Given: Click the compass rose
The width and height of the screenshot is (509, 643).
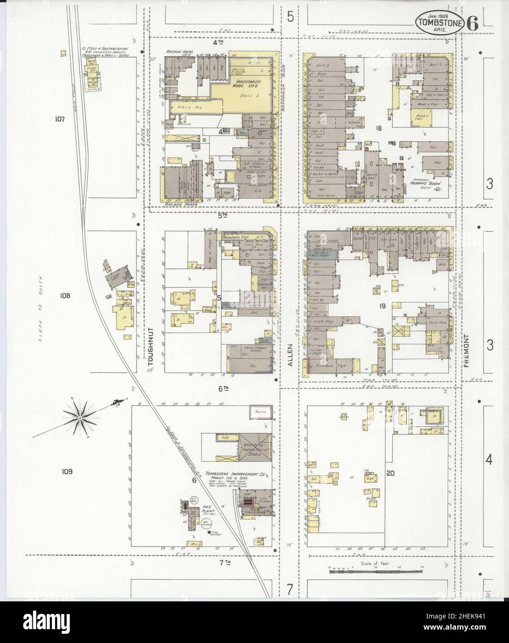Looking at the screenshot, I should [x=80, y=418].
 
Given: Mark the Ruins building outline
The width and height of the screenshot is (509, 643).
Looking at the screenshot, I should [x=260, y=410].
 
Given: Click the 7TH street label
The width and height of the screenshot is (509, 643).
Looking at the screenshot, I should [x=225, y=562].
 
